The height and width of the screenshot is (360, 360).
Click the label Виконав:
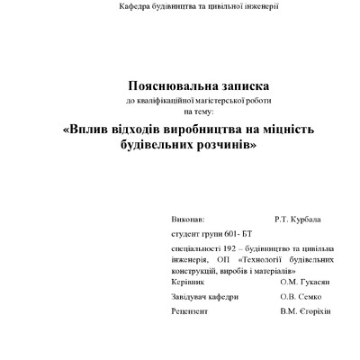pyautogui.click(x=187, y=219)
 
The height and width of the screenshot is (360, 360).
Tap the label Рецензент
pyautogui.click(x=189, y=310)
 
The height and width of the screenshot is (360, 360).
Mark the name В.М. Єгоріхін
pyautogui.click(x=306, y=310)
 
